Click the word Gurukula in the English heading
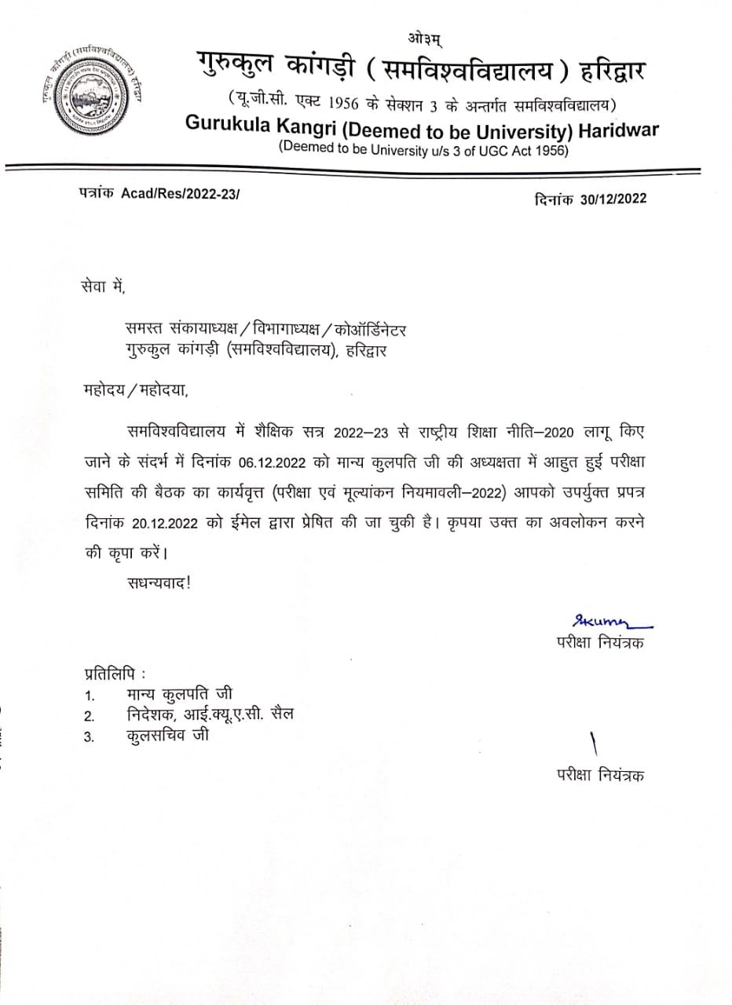tap(227, 128)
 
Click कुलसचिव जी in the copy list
tap(167, 736)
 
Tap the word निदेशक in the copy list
tap(156, 715)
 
